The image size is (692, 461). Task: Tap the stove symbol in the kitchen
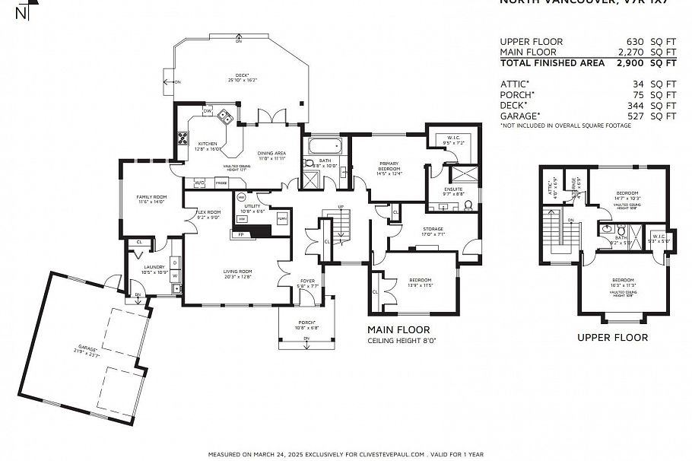[183, 138]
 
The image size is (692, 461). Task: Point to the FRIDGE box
[221, 183]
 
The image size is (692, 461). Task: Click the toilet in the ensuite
[468, 204]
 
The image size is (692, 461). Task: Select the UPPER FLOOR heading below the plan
[612, 337]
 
